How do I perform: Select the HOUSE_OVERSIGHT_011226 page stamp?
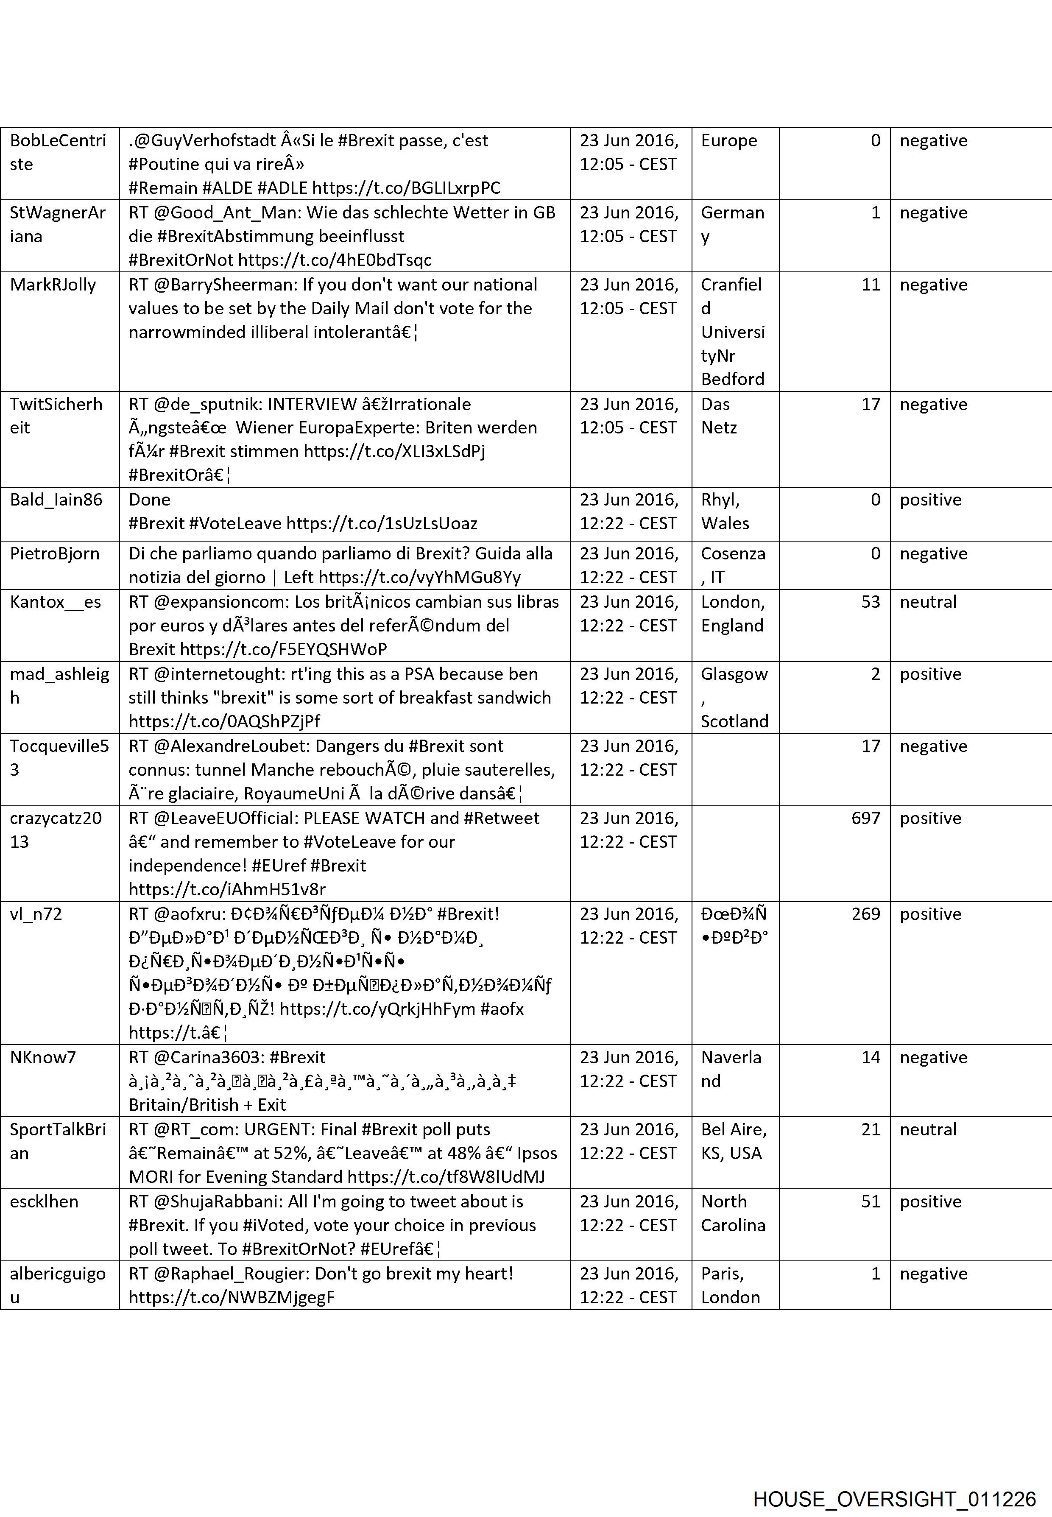click(894, 1481)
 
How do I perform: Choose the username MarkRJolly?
click(53, 285)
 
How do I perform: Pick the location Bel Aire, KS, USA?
click(733, 1141)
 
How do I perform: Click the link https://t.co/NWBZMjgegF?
click(232, 1297)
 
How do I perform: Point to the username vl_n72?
click(36, 914)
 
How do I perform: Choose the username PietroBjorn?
click(54, 554)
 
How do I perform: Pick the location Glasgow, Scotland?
click(734, 698)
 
